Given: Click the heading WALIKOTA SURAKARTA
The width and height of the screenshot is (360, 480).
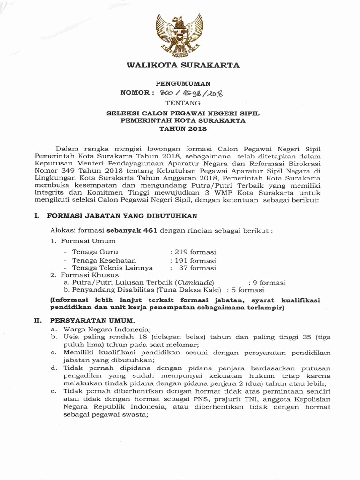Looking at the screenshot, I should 183,65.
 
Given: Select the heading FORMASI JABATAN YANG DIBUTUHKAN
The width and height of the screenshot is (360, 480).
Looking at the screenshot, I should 122,216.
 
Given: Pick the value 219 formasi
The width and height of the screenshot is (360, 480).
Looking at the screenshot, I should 195,252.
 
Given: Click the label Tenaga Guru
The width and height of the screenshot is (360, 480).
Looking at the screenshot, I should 92,252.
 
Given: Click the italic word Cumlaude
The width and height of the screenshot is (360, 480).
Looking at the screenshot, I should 194,283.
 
